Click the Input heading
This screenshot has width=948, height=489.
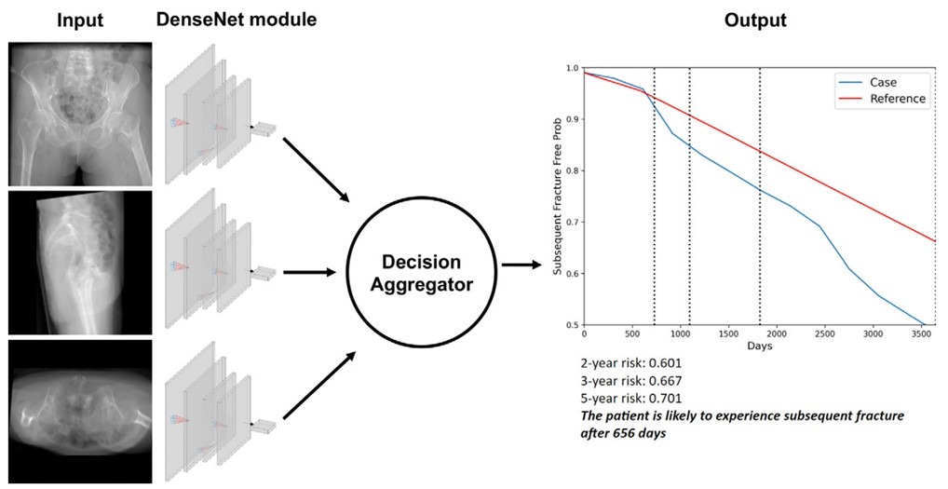(80, 20)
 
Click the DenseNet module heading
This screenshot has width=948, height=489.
(237, 20)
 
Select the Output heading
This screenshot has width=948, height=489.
(755, 20)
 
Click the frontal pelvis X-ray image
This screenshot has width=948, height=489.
(80, 114)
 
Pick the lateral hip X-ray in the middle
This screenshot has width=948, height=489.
(80, 263)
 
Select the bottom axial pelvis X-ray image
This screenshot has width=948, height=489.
(80, 411)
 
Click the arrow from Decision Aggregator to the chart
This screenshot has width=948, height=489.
(521, 265)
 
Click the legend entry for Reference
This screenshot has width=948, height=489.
(882, 99)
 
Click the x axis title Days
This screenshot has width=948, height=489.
(759, 346)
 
